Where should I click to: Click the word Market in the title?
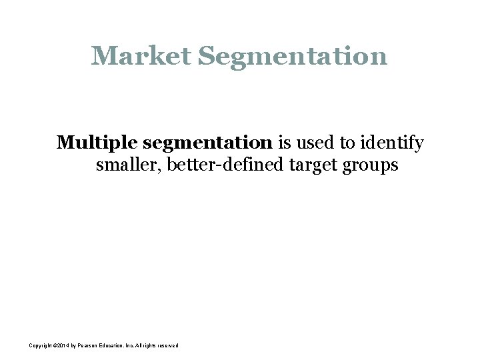(x=141, y=56)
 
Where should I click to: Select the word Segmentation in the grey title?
(x=292, y=56)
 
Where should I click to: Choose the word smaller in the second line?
(x=128, y=165)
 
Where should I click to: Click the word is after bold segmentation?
(x=284, y=143)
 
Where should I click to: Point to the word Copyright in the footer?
(x=42, y=345)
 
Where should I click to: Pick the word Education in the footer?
(x=121, y=345)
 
